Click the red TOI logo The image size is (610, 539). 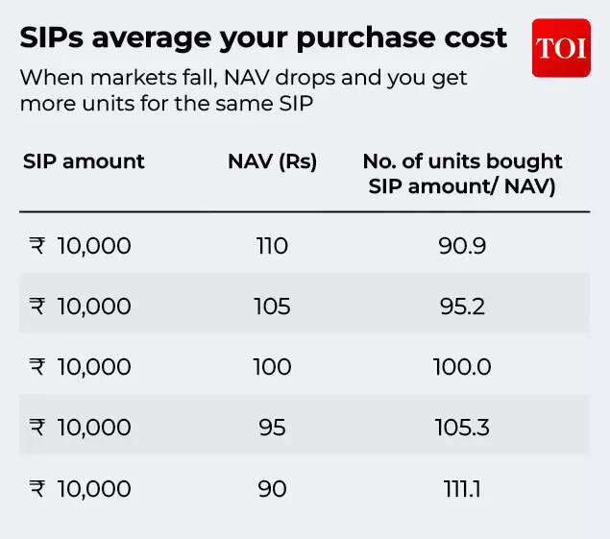[561, 48]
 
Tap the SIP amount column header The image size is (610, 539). [84, 161]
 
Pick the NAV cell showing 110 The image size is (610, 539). [272, 246]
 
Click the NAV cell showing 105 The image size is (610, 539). [272, 306]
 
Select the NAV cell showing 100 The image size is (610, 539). [272, 367]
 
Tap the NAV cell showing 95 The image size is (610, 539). [272, 428]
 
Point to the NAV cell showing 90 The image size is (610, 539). [272, 488]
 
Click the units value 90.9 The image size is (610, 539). [462, 246]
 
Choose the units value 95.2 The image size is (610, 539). [462, 306]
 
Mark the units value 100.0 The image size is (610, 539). [462, 367]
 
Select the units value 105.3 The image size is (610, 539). [462, 428]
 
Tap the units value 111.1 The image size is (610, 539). [462, 488]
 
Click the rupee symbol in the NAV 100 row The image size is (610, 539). [37, 367]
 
